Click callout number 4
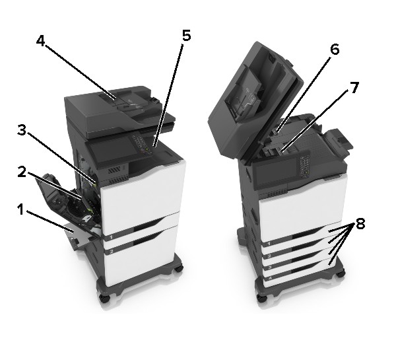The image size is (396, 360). pos(41,41)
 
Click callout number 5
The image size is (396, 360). pos(187,36)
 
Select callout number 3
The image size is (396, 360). pos(22,129)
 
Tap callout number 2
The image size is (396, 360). pos(22,172)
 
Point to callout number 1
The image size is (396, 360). pos(20,209)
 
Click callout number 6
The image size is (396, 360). pos(335,50)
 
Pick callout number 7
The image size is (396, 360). pos(354,88)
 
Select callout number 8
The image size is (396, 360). pos(360,223)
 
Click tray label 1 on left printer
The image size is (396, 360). pos(111,238)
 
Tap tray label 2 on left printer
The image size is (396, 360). pos(111,252)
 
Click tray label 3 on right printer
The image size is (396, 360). pos(270,268)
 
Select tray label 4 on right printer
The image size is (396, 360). pos(270,278)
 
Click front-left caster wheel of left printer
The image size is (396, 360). pos(104,298)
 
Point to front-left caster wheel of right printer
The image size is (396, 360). pos(262,297)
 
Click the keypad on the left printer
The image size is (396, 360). pos(141,143)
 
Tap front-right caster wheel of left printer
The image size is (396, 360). pos(179,268)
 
